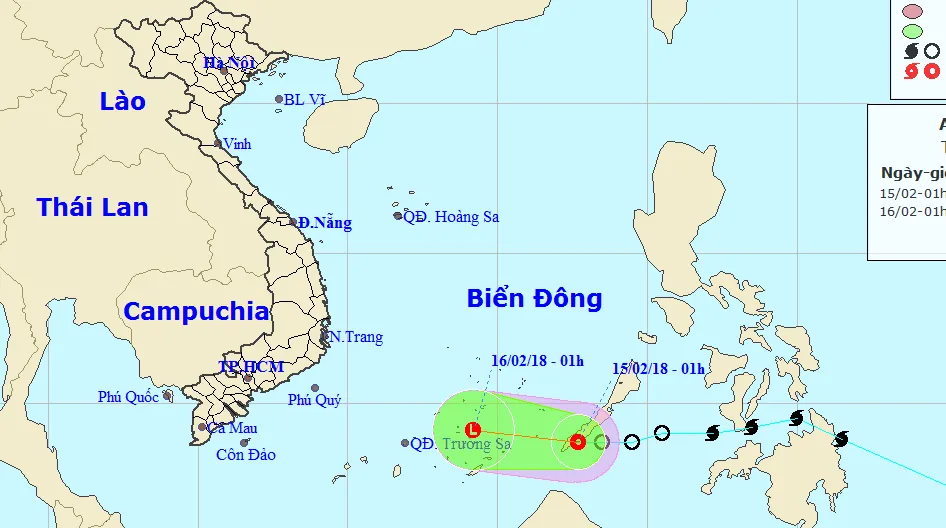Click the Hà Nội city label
[229, 63]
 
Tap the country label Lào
[123, 101]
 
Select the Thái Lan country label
[92, 207]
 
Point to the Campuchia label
[196, 311]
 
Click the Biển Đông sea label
[534, 298]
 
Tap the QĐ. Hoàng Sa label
[450, 216]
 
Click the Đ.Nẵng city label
[325, 223]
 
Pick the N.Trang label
[357, 337]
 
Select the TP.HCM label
[252, 367]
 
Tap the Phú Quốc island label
[128, 397]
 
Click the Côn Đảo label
[246, 455]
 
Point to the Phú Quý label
[314, 400]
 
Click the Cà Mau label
[232, 428]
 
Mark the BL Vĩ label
[305, 99]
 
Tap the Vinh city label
[237, 144]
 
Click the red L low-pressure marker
[473, 430]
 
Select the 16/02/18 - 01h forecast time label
[538, 361]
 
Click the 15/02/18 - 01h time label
[658, 369]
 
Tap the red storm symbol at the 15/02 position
[577, 441]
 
